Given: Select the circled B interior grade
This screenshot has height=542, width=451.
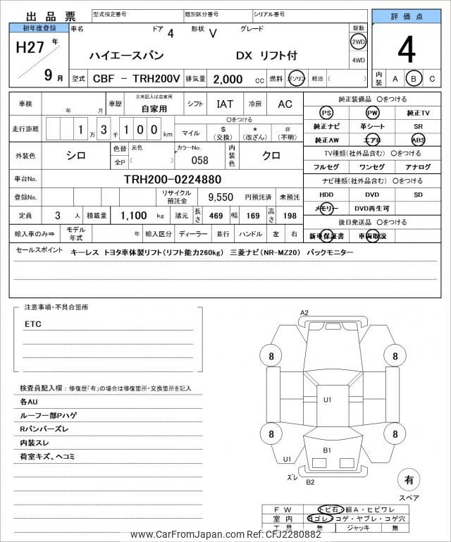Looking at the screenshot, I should pyautogui.click(x=414, y=79).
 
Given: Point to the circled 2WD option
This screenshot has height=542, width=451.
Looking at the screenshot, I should pyautogui.click(x=358, y=42).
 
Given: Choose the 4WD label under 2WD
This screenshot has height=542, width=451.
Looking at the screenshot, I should pyautogui.click(x=358, y=60).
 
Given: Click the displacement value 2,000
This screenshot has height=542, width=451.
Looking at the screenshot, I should pyautogui.click(x=223, y=80).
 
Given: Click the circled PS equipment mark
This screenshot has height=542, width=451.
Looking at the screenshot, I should pyautogui.click(x=326, y=113).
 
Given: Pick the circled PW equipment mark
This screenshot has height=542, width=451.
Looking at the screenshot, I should pyautogui.click(x=372, y=113).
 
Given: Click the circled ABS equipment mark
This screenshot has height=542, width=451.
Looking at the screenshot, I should pyautogui.click(x=418, y=140).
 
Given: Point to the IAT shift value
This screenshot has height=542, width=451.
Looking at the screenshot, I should pyautogui.click(x=225, y=104).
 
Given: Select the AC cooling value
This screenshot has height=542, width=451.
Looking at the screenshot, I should pyautogui.click(x=285, y=104).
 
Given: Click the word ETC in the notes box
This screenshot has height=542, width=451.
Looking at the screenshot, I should pyautogui.click(x=33, y=324).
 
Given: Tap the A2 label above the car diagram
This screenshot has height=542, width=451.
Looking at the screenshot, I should pyautogui.click(x=304, y=312).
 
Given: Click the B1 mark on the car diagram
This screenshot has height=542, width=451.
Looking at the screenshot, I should pyautogui.click(x=327, y=450).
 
